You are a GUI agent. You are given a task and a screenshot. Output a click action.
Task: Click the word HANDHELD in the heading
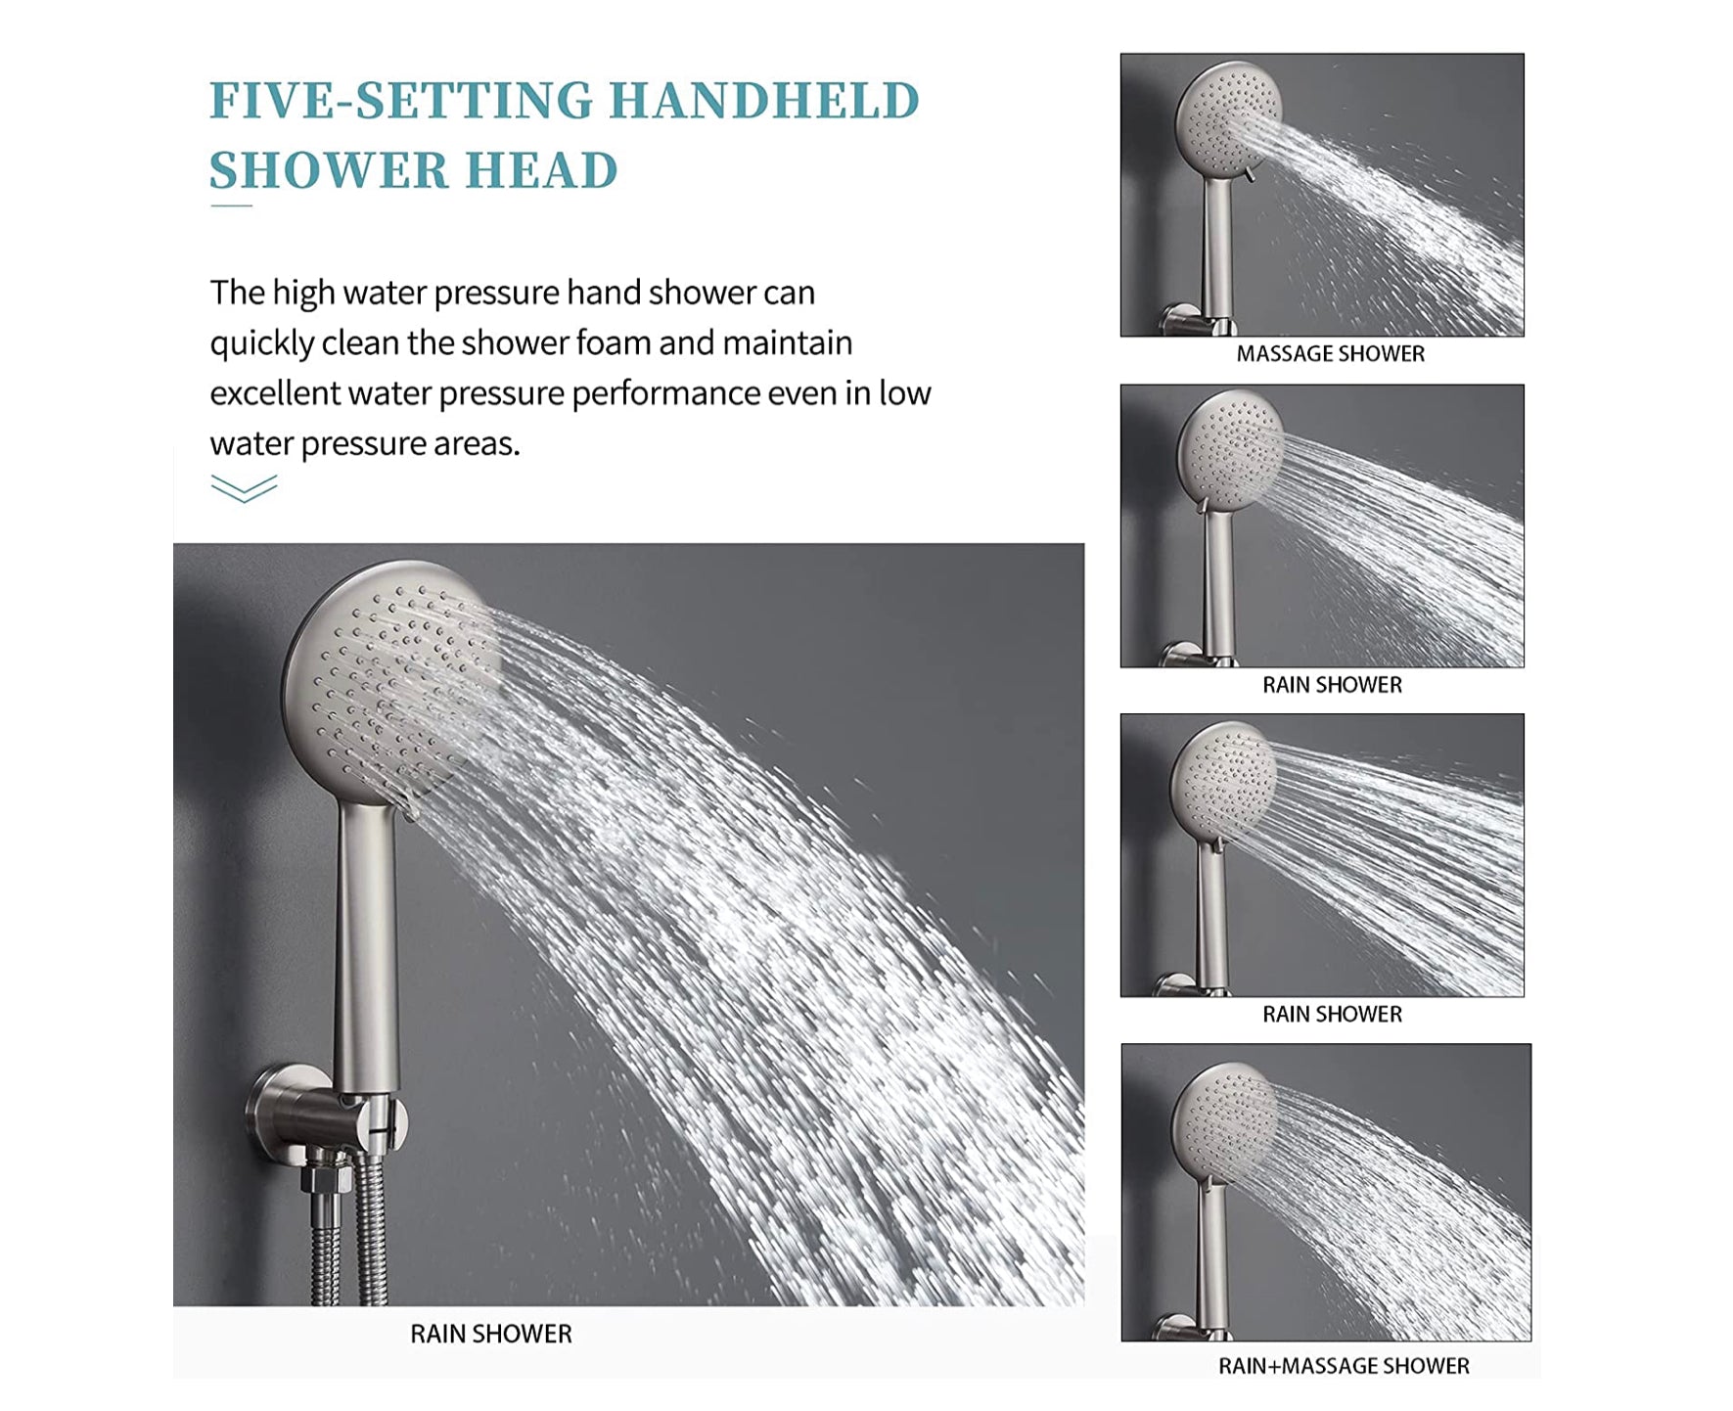pos(764,101)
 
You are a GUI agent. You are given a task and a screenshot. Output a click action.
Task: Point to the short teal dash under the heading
pos(231,205)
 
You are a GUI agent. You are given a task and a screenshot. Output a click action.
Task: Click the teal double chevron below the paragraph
pos(244,488)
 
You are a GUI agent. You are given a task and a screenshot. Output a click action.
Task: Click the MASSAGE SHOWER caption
pos(1331,354)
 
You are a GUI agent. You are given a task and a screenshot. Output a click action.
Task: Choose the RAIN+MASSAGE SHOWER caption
pos(1344,1366)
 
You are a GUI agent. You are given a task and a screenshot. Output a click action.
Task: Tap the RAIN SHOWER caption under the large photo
pos(491,1334)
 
